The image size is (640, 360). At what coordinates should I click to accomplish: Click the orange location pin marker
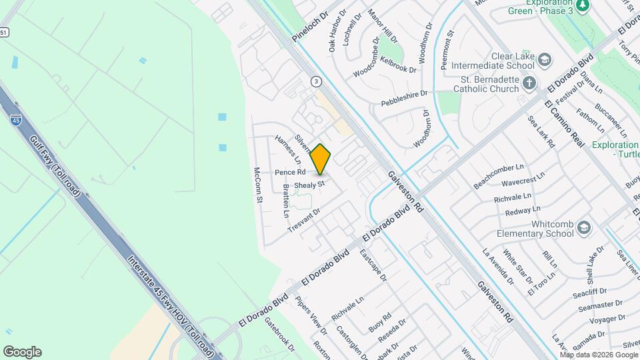tap(321, 159)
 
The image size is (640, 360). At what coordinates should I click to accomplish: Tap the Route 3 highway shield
tap(315, 81)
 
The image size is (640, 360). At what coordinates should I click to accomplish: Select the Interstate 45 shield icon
tap(15, 120)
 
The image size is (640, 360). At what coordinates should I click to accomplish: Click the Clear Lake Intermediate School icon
tap(545, 61)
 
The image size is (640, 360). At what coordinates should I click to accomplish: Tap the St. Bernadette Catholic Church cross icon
tap(529, 83)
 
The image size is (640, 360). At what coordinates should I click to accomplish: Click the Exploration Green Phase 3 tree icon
tap(583, 6)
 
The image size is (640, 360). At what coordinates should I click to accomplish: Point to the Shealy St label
tap(309, 183)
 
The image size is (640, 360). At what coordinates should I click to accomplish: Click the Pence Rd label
tap(290, 172)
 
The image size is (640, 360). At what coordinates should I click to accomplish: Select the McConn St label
tap(258, 185)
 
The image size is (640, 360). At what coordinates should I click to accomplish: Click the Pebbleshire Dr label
tap(404, 99)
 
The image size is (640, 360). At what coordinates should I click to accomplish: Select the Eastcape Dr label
tap(373, 265)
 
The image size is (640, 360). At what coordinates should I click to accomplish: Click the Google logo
tap(22, 352)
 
